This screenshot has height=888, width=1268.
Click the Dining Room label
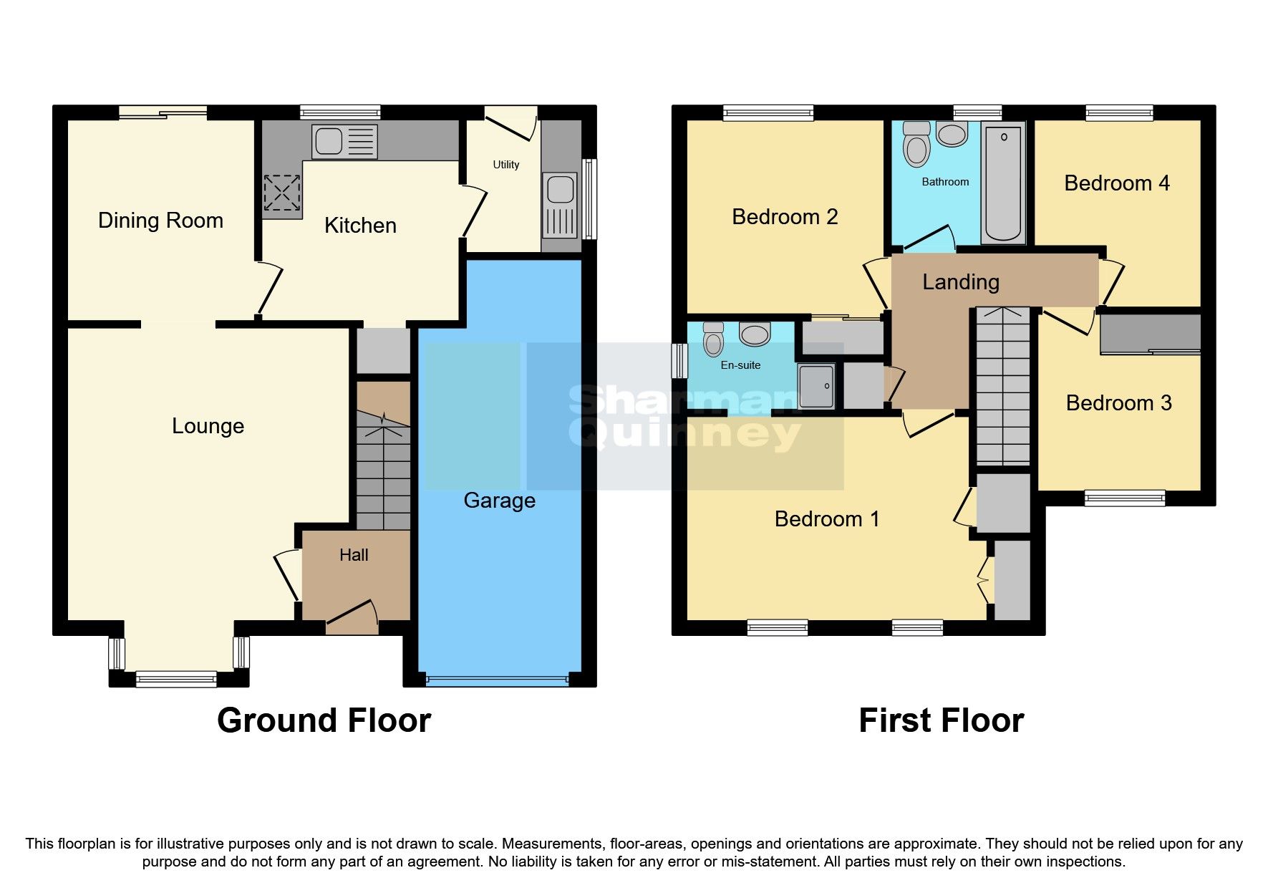point(160,221)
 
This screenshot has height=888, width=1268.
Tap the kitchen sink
point(344,141)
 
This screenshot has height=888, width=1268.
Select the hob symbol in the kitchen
point(281,193)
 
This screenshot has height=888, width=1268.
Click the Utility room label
point(505,165)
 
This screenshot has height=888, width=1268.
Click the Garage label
point(499,501)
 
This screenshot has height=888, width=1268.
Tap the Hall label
point(354,555)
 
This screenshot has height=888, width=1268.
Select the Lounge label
point(208,426)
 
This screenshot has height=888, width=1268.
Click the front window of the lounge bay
point(176,678)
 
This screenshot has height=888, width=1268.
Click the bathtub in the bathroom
point(1003,183)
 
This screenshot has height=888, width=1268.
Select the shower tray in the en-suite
point(816,387)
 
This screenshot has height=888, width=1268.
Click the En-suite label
point(740,365)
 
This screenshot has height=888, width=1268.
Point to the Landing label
point(960,282)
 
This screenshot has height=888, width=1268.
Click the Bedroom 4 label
point(1116,183)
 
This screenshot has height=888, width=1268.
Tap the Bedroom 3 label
point(1118,403)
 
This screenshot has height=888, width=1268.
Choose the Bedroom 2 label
point(785,217)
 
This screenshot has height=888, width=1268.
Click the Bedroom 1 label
point(827,519)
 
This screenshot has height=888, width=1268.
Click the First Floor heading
point(941,720)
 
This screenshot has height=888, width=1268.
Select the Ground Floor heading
point(324,720)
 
